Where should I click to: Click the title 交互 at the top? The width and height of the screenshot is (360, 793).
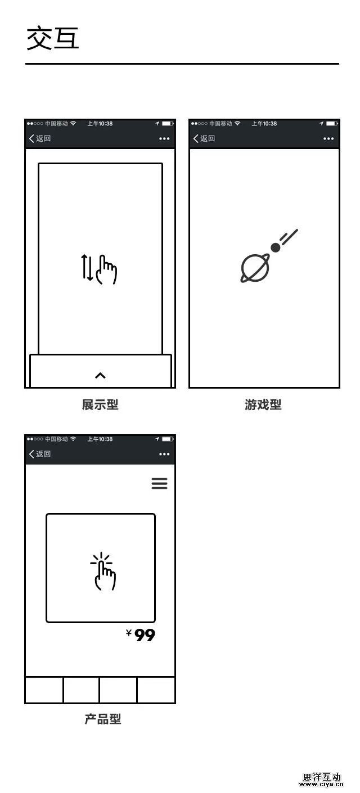point(53,38)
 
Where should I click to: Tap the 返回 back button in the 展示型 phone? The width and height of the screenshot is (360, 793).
point(39,138)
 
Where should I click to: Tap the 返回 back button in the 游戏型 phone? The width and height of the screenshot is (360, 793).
point(204,138)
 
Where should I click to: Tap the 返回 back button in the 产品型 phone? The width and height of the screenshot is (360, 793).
point(39,453)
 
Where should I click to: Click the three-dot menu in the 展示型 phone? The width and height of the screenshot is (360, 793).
point(164,138)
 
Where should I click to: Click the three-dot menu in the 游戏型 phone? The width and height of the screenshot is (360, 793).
point(328,138)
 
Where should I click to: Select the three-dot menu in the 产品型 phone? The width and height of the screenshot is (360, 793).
point(164,454)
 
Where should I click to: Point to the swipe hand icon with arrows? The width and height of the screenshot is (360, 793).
point(99,269)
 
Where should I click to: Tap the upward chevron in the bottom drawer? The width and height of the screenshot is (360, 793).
point(100,375)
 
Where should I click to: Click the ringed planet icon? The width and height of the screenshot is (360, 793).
point(254,268)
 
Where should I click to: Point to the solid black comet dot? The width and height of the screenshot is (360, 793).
point(276,247)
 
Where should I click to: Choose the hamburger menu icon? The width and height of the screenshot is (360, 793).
point(159,483)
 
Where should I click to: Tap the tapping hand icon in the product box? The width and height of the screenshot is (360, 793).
point(103,571)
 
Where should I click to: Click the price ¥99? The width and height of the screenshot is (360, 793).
point(141,635)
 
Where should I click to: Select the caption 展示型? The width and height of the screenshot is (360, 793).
point(100,404)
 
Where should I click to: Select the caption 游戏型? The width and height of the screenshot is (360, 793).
point(263,404)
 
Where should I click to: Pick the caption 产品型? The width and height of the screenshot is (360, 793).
point(103,719)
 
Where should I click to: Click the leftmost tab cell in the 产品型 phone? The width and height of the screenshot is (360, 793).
point(44,690)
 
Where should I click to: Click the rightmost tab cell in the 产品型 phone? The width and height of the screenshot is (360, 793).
point(156,690)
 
